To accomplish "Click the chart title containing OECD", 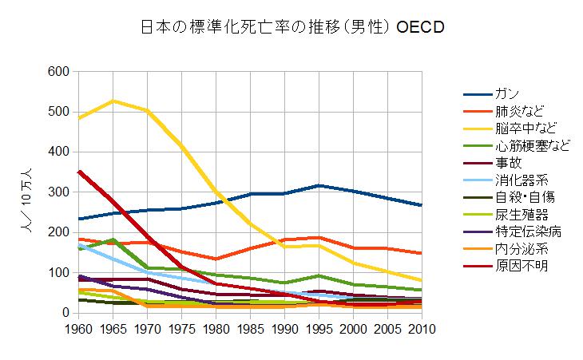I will [x=291, y=27].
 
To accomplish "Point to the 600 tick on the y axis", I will [x=58, y=72].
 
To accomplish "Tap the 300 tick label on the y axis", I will [x=58, y=192].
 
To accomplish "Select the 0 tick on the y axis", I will [x=65, y=313].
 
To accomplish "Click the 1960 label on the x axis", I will [x=77, y=328].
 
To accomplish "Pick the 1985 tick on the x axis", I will [x=250, y=328].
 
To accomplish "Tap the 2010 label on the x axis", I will [x=422, y=328].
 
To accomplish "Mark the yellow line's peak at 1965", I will [x=113, y=101].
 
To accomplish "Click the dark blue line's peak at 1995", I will [x=319, y=185].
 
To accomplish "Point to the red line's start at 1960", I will [x=78, y=171].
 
